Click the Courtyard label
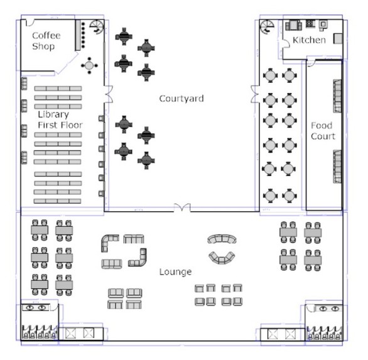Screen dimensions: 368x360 [181, 99]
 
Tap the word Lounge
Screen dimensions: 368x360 [176, 272]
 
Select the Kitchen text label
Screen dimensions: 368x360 [309, 40]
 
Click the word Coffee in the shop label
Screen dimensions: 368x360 [46, 35]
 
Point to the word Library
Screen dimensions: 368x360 [53, 114]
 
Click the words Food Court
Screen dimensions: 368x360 [323, 131]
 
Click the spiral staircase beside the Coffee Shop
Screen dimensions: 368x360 [97, 27]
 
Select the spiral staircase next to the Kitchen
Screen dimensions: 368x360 [267, 27]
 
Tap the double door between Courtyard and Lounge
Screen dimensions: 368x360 [182, 207]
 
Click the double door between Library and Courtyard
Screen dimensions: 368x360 [109, 94]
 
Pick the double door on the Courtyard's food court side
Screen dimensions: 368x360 [255, 94]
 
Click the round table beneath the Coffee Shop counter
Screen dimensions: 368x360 [89, 65]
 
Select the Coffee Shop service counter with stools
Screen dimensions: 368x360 [80, 35]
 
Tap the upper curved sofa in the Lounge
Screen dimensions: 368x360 [222, 239]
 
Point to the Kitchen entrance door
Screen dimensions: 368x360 [285, 44]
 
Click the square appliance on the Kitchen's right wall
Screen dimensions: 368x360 [338, 39]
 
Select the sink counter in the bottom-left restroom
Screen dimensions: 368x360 [36, 307]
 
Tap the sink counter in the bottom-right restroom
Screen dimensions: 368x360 [328, 308]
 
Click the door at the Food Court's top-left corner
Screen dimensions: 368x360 [311, 63]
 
